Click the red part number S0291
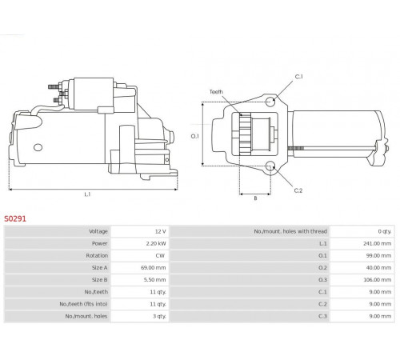coord(15,218)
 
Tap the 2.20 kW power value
coord(156,243)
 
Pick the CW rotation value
coord(160,255)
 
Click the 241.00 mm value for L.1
coord(377,243)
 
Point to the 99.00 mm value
coord(378,255)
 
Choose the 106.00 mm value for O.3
coord(377,280)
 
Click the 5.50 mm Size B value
coord(154,280)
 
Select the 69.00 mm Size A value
coord(154,267)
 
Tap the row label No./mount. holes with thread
coord(290,231)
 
